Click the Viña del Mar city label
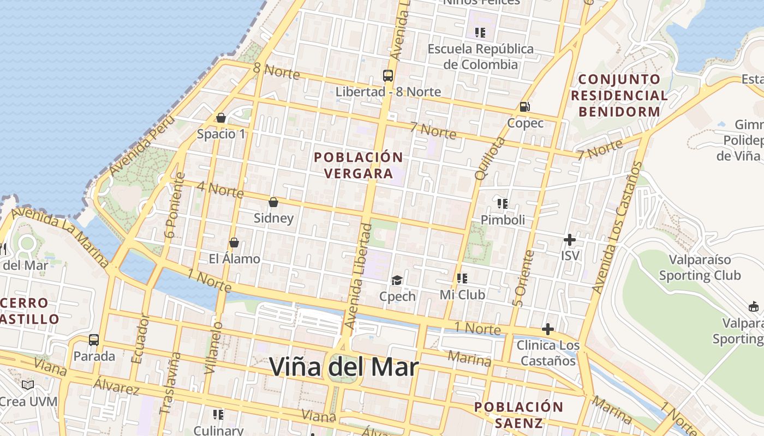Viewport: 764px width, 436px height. point(344,367)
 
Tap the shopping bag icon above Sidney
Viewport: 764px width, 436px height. point(273,203)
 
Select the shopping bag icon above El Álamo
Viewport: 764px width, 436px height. point(234,243)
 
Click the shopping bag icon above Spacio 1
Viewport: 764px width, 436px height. point(221,118)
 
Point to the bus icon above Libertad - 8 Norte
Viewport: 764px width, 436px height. point(388,76)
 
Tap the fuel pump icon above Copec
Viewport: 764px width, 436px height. point(525,107)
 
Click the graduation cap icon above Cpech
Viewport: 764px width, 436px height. point(397,281)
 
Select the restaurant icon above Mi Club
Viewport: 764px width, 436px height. point(462,278)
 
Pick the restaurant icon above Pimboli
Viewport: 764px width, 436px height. point(503,204)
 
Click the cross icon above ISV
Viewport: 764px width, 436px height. point(570,240)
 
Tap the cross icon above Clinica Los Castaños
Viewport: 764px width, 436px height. point(547,329)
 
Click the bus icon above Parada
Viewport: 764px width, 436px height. point(94,340)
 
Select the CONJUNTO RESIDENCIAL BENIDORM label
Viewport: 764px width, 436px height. point(619,95)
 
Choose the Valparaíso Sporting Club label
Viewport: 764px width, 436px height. point(700,267)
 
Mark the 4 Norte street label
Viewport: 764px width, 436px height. point(220,189)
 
